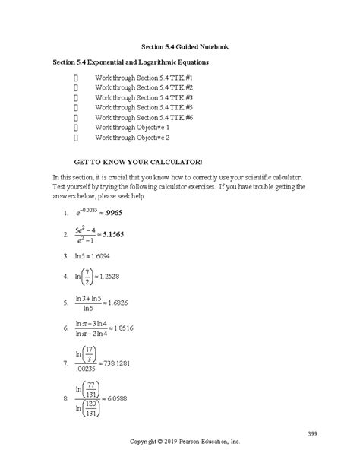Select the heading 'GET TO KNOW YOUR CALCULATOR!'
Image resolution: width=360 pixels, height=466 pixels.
click(137, 163)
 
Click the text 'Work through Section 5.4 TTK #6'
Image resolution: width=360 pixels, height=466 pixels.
click(144, 119)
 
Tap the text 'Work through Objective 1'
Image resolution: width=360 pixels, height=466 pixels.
click(132, 128)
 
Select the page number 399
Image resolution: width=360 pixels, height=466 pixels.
click(313, 433)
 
